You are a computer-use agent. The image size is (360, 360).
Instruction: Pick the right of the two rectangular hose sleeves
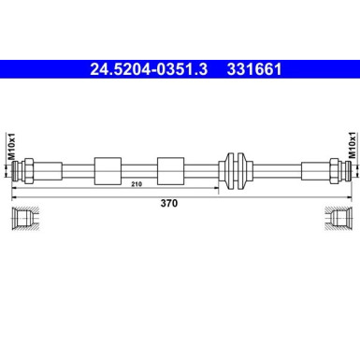pyautogui.click(x=171, y=171)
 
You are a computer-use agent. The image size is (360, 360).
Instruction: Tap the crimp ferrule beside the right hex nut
pyautogui.click(x=317, y=171)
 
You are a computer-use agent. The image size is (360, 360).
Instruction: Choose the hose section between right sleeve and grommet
pyautogui.click(x=202, y=171)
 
